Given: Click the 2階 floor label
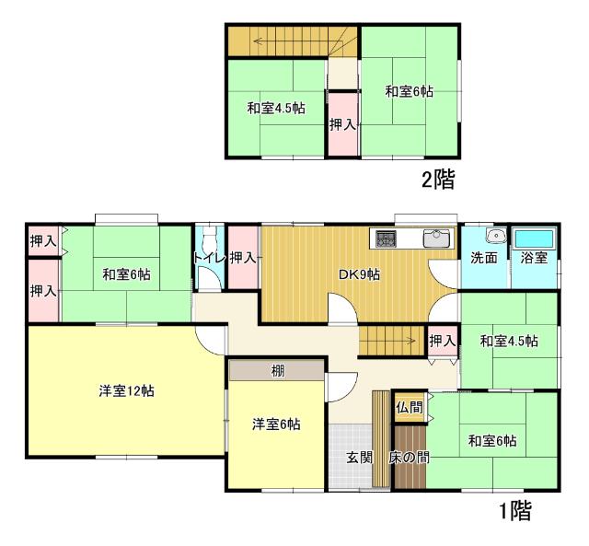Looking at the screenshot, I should pos(438,179).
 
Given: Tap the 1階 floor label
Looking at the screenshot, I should pos(514,510).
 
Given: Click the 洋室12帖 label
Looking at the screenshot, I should pos(126,390).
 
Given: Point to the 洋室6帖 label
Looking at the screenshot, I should pos(276,424).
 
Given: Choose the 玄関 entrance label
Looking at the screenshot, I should pos(359,458).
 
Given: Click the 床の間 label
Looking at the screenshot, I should pos(407,458).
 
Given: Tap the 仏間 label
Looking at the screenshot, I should pos(410,406).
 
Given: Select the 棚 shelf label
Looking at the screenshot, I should pos(277,372).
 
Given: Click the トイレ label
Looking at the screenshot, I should pos(209,258).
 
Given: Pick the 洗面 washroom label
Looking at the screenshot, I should pos(484,258).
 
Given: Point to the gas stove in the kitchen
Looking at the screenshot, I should pos(386,238).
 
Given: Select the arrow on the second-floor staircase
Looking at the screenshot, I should pos(276,41).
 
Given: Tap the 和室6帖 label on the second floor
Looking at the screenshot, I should pos(410,91).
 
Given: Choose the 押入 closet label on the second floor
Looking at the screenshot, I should pos(344,122).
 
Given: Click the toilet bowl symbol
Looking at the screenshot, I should pos(209,279).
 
